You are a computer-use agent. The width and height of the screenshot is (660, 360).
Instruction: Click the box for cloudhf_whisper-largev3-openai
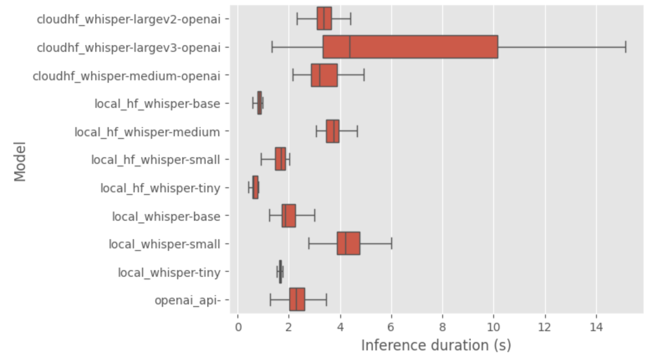[x=410, y=47]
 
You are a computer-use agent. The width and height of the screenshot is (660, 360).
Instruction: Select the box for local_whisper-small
[x=348, y=243]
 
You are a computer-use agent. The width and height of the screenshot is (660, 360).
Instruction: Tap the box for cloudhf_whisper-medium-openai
[x=324, y=75]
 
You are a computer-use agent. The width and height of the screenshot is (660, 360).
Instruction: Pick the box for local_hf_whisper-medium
[x=332, y=131]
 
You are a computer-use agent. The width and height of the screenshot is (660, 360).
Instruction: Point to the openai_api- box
[x=297, y=299]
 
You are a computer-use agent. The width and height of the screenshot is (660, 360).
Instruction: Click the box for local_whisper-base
[x=288, y=216]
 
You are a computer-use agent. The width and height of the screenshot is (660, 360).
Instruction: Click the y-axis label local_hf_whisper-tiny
[x=160, y=188]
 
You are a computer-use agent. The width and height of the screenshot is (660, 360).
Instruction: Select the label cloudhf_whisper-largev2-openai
[x=128, y=19]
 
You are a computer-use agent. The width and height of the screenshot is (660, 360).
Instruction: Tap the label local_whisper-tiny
[x=169, y=273]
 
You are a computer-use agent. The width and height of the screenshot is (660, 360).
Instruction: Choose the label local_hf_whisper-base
[x=157, y=104]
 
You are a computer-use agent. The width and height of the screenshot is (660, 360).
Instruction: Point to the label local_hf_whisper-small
[x=155, y=160]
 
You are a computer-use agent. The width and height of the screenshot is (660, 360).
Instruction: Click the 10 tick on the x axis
[x=494, y=327]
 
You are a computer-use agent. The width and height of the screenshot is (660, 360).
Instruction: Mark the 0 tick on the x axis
[x=238, y=327]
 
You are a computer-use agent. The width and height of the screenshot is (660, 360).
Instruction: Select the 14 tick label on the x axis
[x=596, y=327]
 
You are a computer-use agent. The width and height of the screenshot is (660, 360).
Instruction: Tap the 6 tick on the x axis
[x=391, y=327]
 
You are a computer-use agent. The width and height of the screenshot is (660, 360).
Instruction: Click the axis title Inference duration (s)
[x=436, y=345]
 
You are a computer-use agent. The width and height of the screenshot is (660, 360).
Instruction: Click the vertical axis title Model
[x=20, y=161]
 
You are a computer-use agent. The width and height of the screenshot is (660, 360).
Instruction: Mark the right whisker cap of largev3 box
[x=625, y=47]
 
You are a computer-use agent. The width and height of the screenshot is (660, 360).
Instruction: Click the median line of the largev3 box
[x=350, y=47]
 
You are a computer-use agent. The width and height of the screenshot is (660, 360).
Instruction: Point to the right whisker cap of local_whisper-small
[x=392, y=243]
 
